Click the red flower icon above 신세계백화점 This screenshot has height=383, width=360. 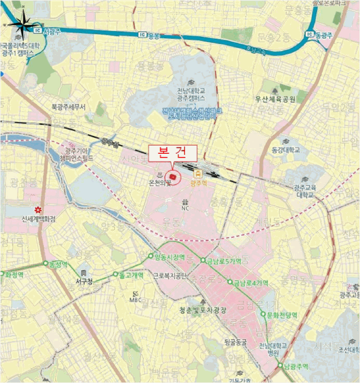37,210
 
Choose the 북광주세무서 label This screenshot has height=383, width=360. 68,107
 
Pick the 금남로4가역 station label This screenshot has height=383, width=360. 250,283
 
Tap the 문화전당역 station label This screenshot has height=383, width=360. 282,315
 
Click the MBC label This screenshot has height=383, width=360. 135,299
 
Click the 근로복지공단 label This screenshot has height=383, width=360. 170,276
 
